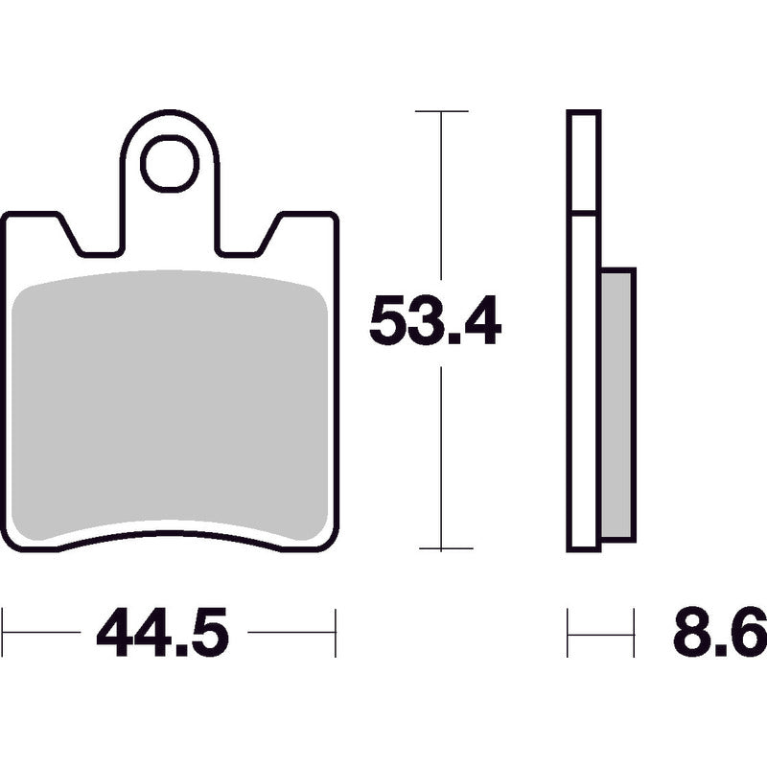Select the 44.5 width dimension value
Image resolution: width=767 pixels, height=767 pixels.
(163, 632)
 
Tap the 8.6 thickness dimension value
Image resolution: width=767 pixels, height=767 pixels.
(720, 633)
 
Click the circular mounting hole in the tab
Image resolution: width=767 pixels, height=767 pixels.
(170, 163)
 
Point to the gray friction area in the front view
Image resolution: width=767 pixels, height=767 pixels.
(170, 406)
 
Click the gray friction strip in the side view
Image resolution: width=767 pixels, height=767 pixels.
(616, 405)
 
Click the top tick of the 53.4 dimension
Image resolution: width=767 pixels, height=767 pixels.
(441, 111)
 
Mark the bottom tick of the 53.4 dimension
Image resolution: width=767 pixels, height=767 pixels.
(446, 548)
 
